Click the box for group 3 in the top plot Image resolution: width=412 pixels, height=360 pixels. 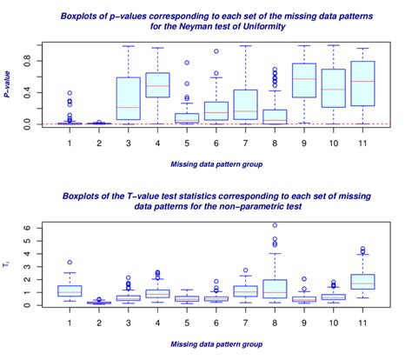coord(129,101)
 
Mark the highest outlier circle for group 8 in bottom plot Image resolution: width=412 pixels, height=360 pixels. coord(275,225)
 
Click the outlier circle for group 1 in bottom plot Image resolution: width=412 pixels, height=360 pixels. coord(70,262)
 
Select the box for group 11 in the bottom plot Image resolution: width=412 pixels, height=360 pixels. coord(362,282)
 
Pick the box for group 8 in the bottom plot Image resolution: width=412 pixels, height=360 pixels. coord(275,288)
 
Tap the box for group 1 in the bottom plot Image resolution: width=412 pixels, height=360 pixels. coord(70,291)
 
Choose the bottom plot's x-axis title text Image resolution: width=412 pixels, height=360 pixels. coord(216,344)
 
